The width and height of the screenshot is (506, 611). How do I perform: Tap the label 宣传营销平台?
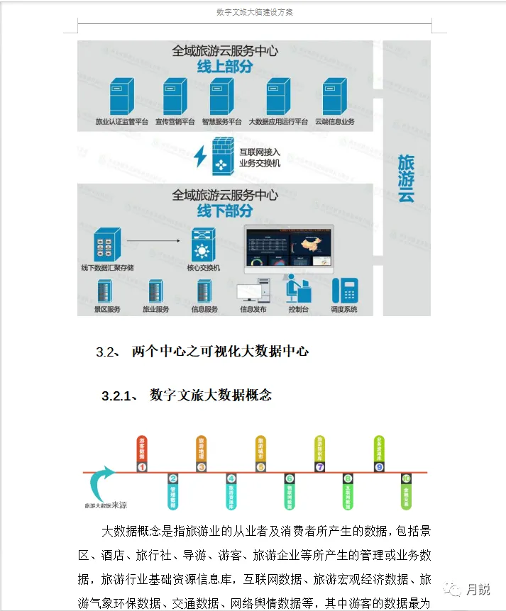[175, 122]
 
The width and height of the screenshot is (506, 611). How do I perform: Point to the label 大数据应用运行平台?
[278, 122]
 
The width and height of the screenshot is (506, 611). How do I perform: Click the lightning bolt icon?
[200, 156]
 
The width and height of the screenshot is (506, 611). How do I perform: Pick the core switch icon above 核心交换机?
[203, 244]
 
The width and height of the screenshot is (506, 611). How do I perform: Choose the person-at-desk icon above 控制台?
[297, 288]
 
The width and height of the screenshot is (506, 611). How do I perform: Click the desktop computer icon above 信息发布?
[253, 289]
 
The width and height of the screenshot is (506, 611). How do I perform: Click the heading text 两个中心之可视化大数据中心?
[220, 352]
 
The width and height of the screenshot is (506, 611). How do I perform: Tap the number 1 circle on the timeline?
[142, 467]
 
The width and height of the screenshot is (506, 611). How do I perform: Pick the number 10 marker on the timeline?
[406, 479]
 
